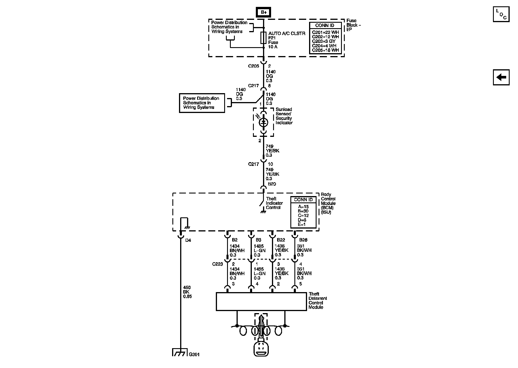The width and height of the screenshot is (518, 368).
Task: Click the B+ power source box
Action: [264, 12]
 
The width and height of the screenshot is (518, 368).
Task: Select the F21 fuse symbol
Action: [263, 38]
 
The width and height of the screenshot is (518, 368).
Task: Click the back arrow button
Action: [501, 77]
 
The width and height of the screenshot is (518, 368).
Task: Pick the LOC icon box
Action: [501, 14]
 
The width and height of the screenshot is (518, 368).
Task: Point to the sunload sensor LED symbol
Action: [263, 122]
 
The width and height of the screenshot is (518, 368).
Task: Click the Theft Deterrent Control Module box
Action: [261, 302]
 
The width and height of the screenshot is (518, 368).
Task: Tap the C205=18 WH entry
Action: [325, 50]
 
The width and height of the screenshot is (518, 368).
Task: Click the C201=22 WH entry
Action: [325, 32]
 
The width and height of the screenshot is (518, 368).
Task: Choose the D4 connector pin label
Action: [188, 240]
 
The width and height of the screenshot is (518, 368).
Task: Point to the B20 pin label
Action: [272, 184]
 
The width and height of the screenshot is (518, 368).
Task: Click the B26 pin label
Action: [303, 240]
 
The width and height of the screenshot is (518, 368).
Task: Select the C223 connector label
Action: [218, 264]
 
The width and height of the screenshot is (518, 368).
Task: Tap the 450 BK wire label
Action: [187, 292]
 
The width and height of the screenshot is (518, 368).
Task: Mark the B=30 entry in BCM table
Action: [303, 211]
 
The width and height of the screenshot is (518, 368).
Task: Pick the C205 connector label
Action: [254, 66]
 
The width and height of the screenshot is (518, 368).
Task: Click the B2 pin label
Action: [235, 240]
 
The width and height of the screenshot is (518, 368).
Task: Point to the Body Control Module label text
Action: [328, 203]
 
